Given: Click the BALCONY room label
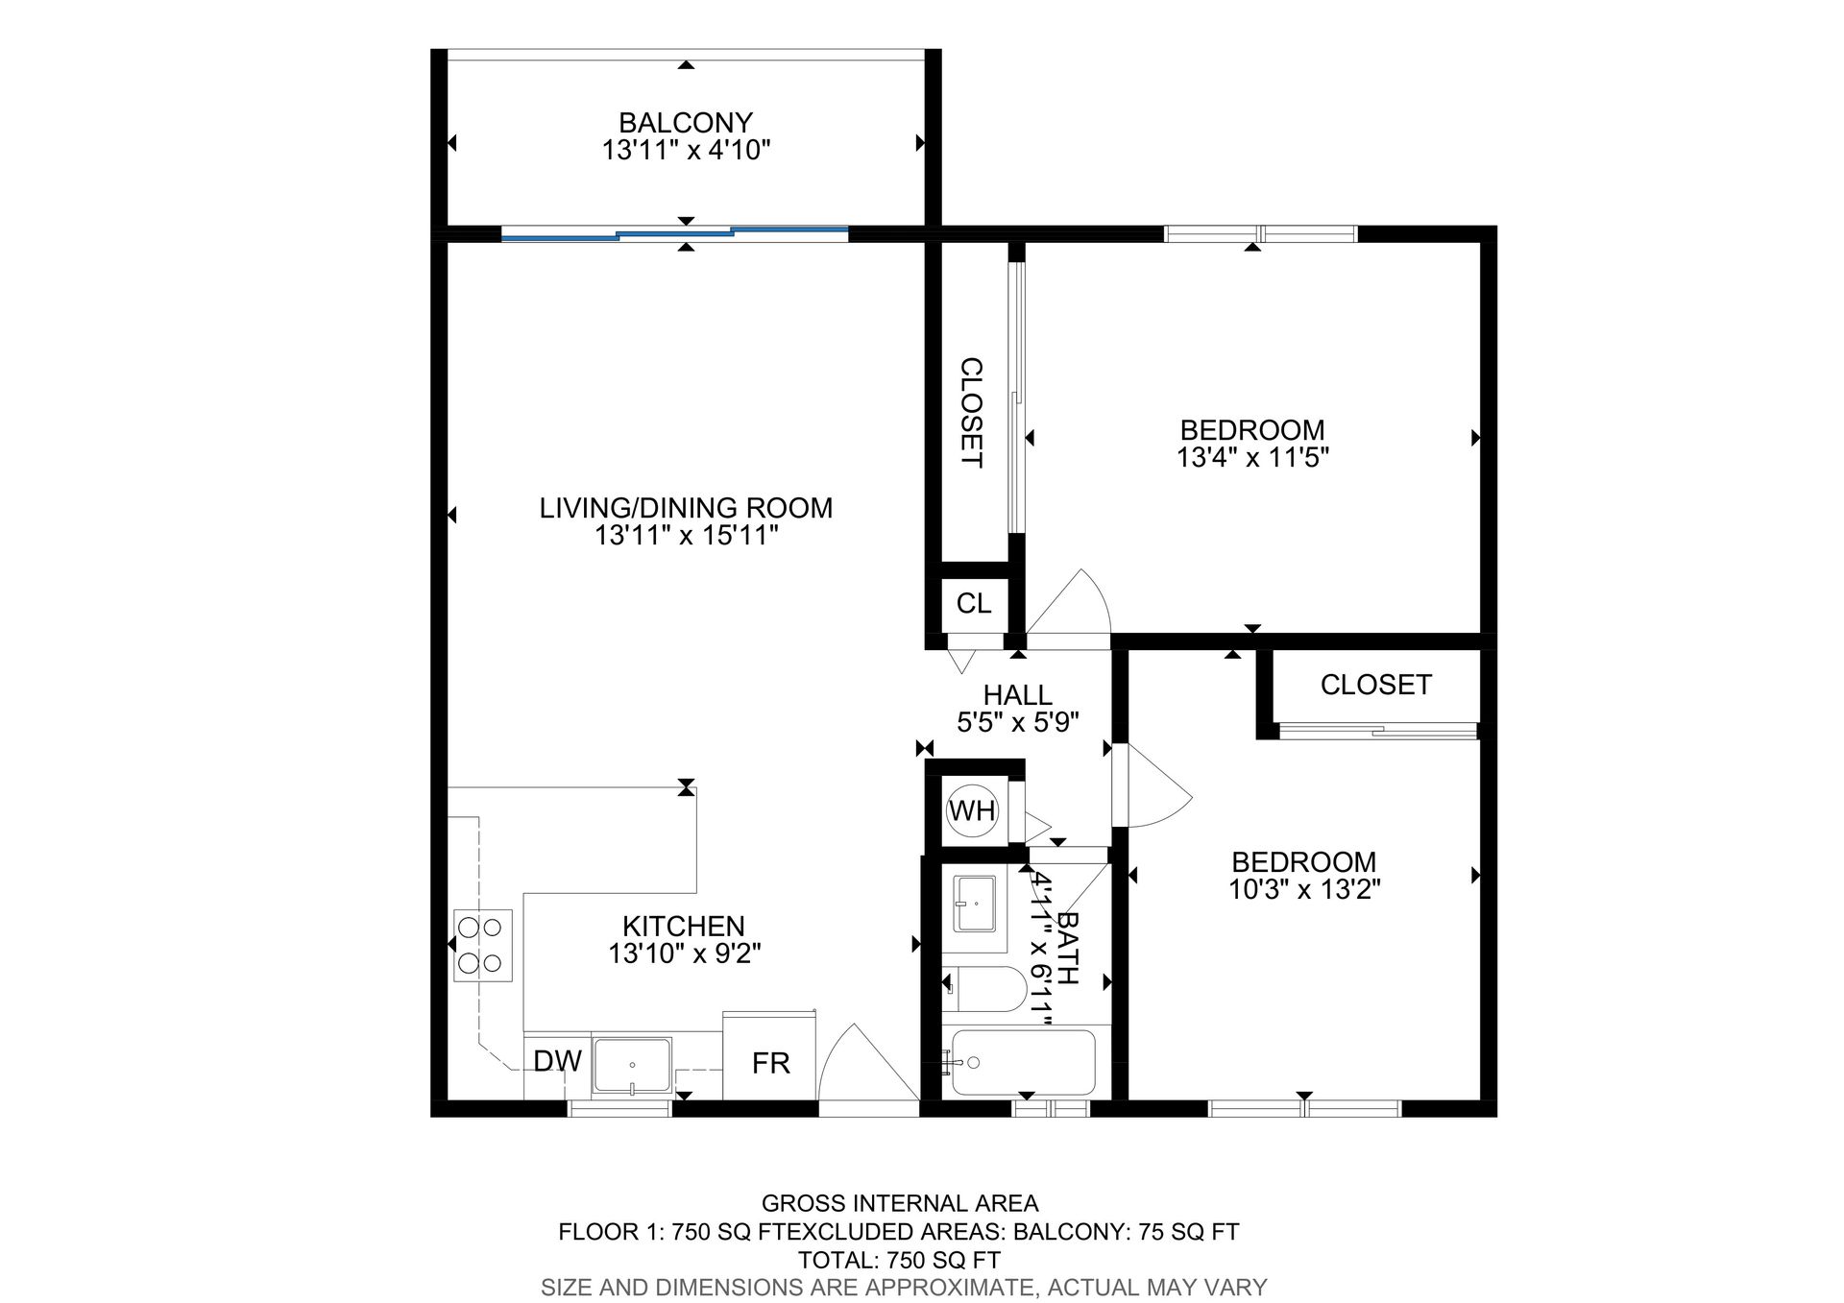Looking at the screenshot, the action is coord(685,123).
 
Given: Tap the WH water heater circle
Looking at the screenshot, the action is coord(972,810).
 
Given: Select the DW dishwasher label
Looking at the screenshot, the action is coord(557,1061).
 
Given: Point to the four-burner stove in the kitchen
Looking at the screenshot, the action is coord(482,945).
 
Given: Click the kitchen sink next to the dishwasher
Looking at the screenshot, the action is coord(632,1065).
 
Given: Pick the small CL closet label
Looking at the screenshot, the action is coord(974,604).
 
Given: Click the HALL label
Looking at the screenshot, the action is coord(1018,694).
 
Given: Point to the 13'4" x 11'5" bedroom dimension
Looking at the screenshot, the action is coord(1252,457).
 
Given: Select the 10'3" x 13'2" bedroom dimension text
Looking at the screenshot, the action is coord(1304,889).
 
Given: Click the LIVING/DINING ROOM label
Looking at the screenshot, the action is coord(686,508).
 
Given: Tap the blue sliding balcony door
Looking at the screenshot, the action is coord(675,232).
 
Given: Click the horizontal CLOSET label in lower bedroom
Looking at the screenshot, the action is coord(1375,685).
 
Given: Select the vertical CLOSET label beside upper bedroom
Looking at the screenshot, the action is coord(971,413).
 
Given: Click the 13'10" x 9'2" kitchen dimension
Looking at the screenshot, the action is coord(685,953).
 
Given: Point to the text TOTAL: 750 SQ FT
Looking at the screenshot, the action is coord(899,1260).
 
